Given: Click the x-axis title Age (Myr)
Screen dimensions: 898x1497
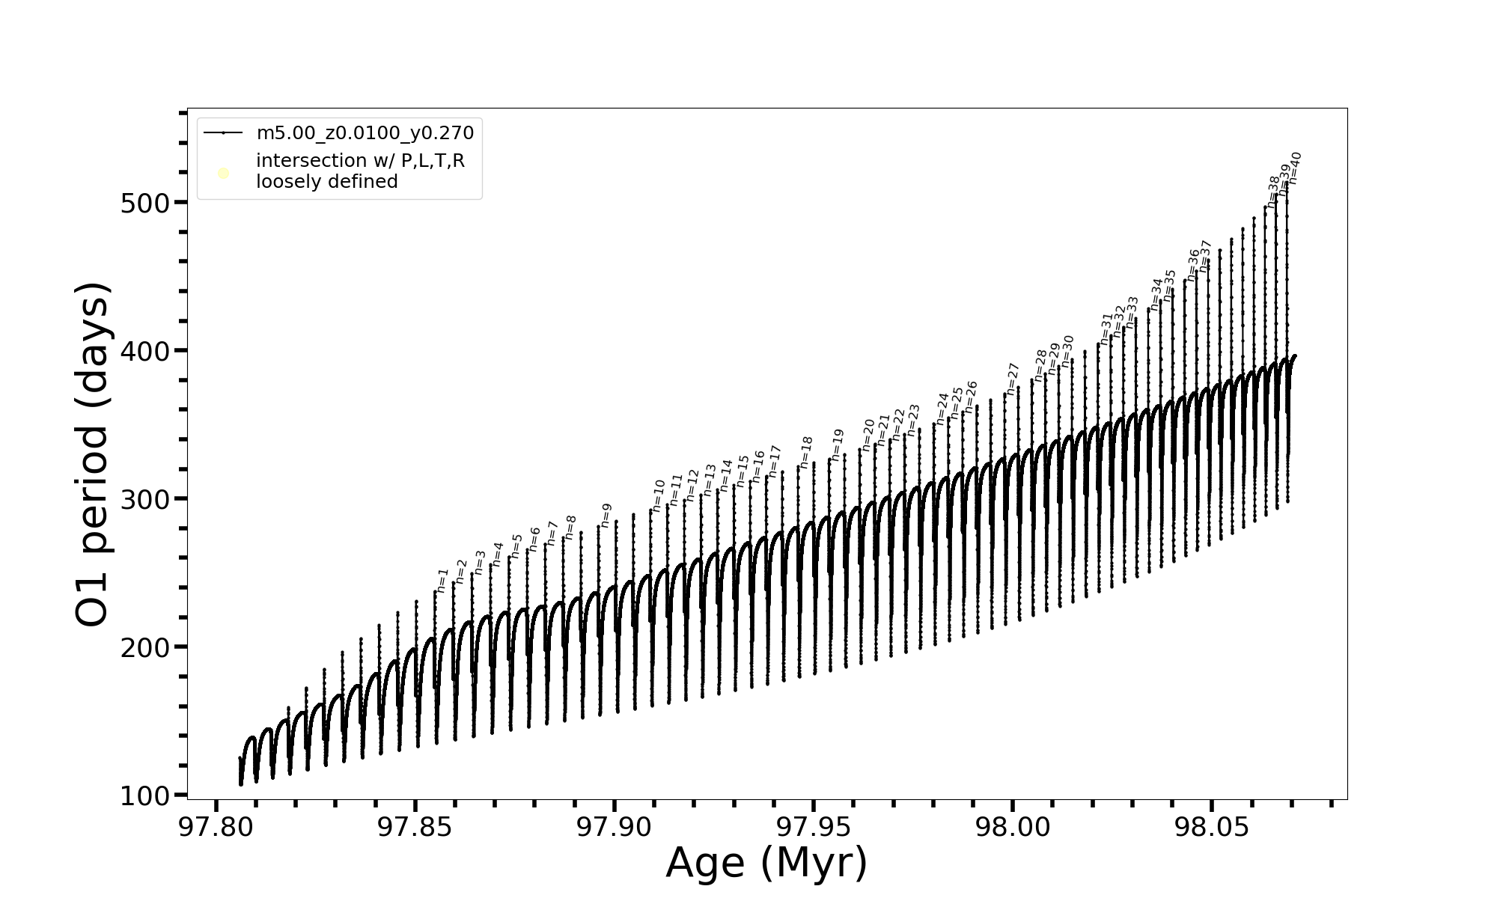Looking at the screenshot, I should point(766,863).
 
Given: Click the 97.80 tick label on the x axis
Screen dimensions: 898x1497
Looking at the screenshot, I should point(216,828).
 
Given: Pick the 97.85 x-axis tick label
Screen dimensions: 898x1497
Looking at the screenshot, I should point(415,828).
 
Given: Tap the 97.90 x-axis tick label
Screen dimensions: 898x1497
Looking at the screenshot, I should point(615,828).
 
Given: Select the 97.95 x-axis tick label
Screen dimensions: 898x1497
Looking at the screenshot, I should point(814,828).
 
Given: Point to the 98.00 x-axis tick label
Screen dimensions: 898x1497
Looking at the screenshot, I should point(1012,828).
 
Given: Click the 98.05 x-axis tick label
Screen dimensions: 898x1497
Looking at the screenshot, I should point(1211,828).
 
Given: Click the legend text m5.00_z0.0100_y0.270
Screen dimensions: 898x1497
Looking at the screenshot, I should point(365,133).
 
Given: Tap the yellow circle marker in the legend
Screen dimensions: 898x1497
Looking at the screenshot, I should point(223,174).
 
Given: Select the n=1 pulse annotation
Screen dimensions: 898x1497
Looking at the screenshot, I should point(442,581).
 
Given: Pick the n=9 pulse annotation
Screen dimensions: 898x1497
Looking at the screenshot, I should point(606,515).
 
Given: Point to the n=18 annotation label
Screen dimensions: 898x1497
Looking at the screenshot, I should point(806,452).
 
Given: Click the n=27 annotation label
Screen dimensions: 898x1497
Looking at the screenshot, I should point(1013,379).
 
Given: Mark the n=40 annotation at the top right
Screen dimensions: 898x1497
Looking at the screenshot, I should point(1295,168).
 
